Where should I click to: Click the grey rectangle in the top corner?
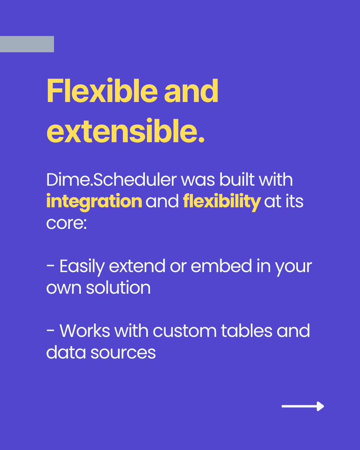pos(27,44)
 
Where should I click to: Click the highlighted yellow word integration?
pos(94,201)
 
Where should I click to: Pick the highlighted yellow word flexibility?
pos(222,201)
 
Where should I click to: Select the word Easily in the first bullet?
pos(82,266)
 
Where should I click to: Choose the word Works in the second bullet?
pos(85,331)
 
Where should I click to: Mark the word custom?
pos(184,331)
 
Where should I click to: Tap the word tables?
pos(247,331)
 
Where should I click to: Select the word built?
pos(237,180)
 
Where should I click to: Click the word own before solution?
pos(64,288)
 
